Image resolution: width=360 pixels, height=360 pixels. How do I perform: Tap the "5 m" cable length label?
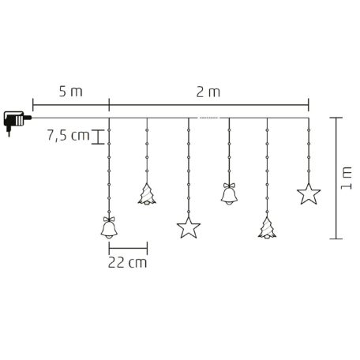click(x=70, y=91)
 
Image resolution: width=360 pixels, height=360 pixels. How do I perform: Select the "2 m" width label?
click(x=207, y=91)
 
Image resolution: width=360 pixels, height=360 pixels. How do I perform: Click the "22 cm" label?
click(x=126, y=261)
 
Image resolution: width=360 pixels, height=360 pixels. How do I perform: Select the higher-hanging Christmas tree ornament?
click(x=147, y=194)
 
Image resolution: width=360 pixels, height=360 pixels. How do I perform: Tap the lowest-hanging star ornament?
click(x=188, y=228)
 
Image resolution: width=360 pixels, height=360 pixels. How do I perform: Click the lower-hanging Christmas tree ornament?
click(x=268, y=227)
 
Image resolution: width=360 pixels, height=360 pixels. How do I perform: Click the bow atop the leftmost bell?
click(x=109, y=216)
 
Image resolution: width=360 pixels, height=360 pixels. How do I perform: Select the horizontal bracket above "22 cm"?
click(x=126, y=245)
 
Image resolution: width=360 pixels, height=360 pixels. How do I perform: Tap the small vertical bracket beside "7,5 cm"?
click(x=97, y=137)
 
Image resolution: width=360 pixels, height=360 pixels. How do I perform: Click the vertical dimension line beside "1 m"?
click(x=336, y=178)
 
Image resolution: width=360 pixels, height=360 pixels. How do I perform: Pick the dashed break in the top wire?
click(x=208, y=118)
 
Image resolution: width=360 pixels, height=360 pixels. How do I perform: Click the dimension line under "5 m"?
click(x=70, y=101)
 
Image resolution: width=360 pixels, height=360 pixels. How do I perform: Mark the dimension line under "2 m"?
click(x=208, y=101)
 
